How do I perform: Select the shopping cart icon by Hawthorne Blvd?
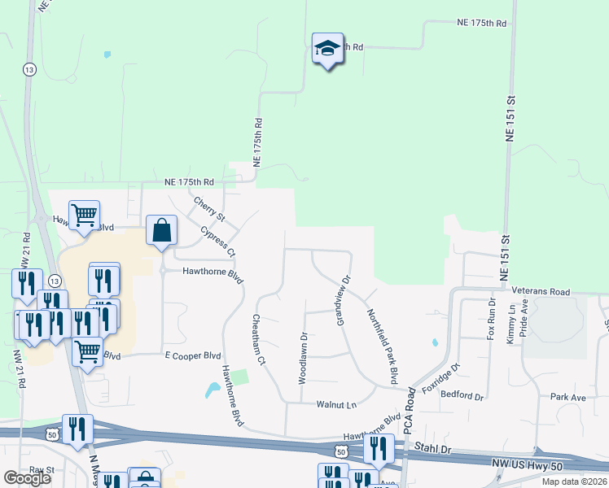84,216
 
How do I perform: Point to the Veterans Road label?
537,291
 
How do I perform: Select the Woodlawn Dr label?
302,358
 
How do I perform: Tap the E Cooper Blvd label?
193,356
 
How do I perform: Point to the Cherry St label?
208,208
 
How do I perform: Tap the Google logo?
26,478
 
